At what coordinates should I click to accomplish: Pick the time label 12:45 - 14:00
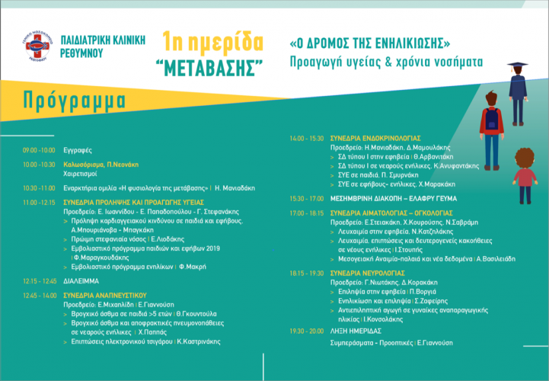39,293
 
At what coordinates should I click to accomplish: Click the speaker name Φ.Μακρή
193,267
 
